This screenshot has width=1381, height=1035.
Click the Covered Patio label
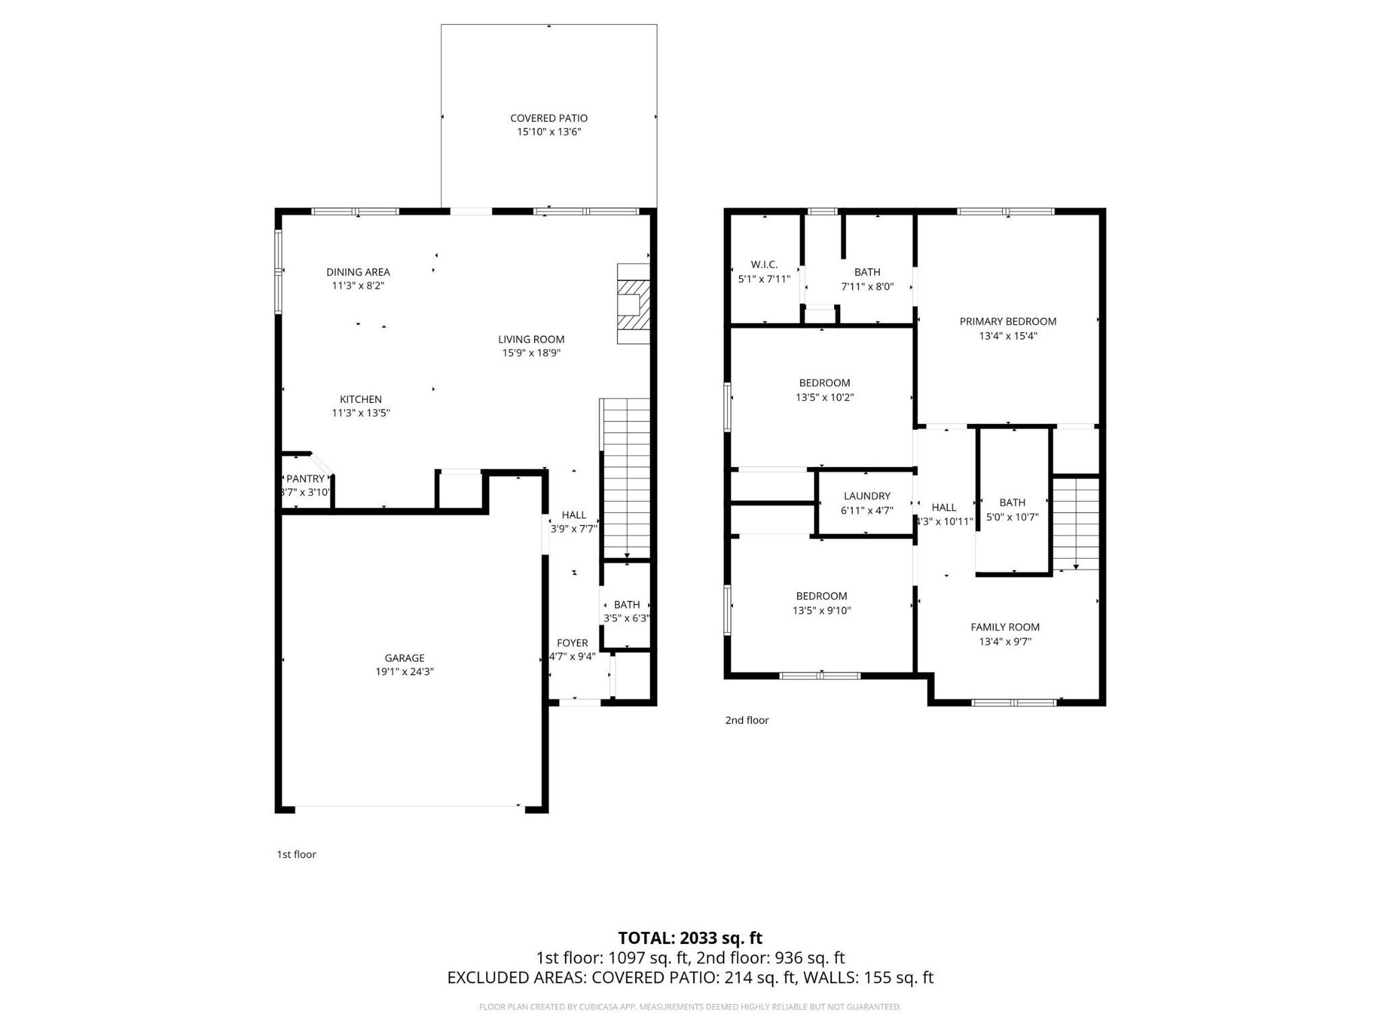[549, 119]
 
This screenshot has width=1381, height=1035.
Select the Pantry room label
[305, 479]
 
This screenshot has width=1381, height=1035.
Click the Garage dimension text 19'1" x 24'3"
[405, 672]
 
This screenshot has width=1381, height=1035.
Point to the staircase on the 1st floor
[625, 478]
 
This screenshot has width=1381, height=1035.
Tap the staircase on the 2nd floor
[1076, 524]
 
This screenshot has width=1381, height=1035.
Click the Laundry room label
[867, 497]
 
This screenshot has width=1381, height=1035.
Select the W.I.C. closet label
[764, 265]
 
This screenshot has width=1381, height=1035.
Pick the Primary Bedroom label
[1008, 322]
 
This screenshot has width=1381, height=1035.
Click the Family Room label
[1005, 627]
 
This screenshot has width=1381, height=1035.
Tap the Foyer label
[572, 644]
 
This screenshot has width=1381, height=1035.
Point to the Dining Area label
[358, 272]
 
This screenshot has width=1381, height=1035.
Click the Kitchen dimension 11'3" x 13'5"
[361, 413]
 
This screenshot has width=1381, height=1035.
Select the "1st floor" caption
[296, 854]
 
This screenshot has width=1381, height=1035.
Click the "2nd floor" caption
[746, 720]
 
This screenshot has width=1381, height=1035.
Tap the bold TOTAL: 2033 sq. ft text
[690, 938]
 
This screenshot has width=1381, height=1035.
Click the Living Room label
[531, 340]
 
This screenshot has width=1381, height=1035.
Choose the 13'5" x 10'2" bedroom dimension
[825, 398]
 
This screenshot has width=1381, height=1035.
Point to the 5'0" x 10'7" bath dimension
[1012, 517]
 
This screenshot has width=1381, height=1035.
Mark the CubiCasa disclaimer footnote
[690, 1007]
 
